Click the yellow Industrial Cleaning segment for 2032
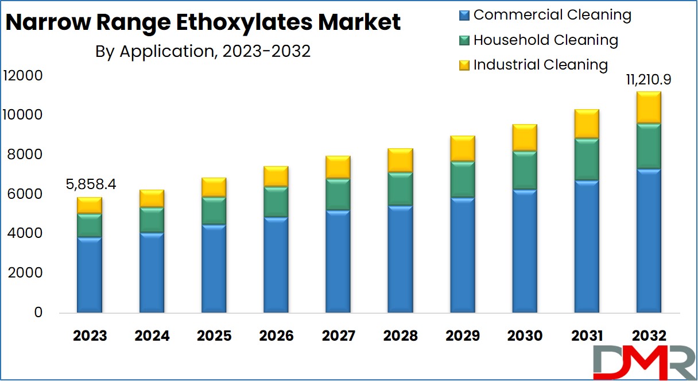pyautogui.click(x=649, y=107)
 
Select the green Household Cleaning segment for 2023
pyautogui.click(x=90, y=225)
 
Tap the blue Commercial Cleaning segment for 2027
pyautogui.click(x=338, y=261)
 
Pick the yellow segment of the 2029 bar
pyautogui.click(x=462, y=149)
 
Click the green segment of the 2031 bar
pyautogui.click(x=587, y=159)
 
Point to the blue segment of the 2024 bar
pyautogui.click(x=152, y=272)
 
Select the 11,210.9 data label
pyautogui.click(x=649, y=79)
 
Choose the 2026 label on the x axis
pyautogui.click(x=276, y=336)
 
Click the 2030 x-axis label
pyautogui.click(x=525, y=336)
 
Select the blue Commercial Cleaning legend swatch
pyautogui.click(x=464, y=16)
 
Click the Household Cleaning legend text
pyautogui.click(x=545, y=40)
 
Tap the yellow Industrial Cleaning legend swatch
pyautogui.click(x=464, y=66)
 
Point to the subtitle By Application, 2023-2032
pyautogui.click(x=203, y=52)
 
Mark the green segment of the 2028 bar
pyautogui.click(x=400, y=188)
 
